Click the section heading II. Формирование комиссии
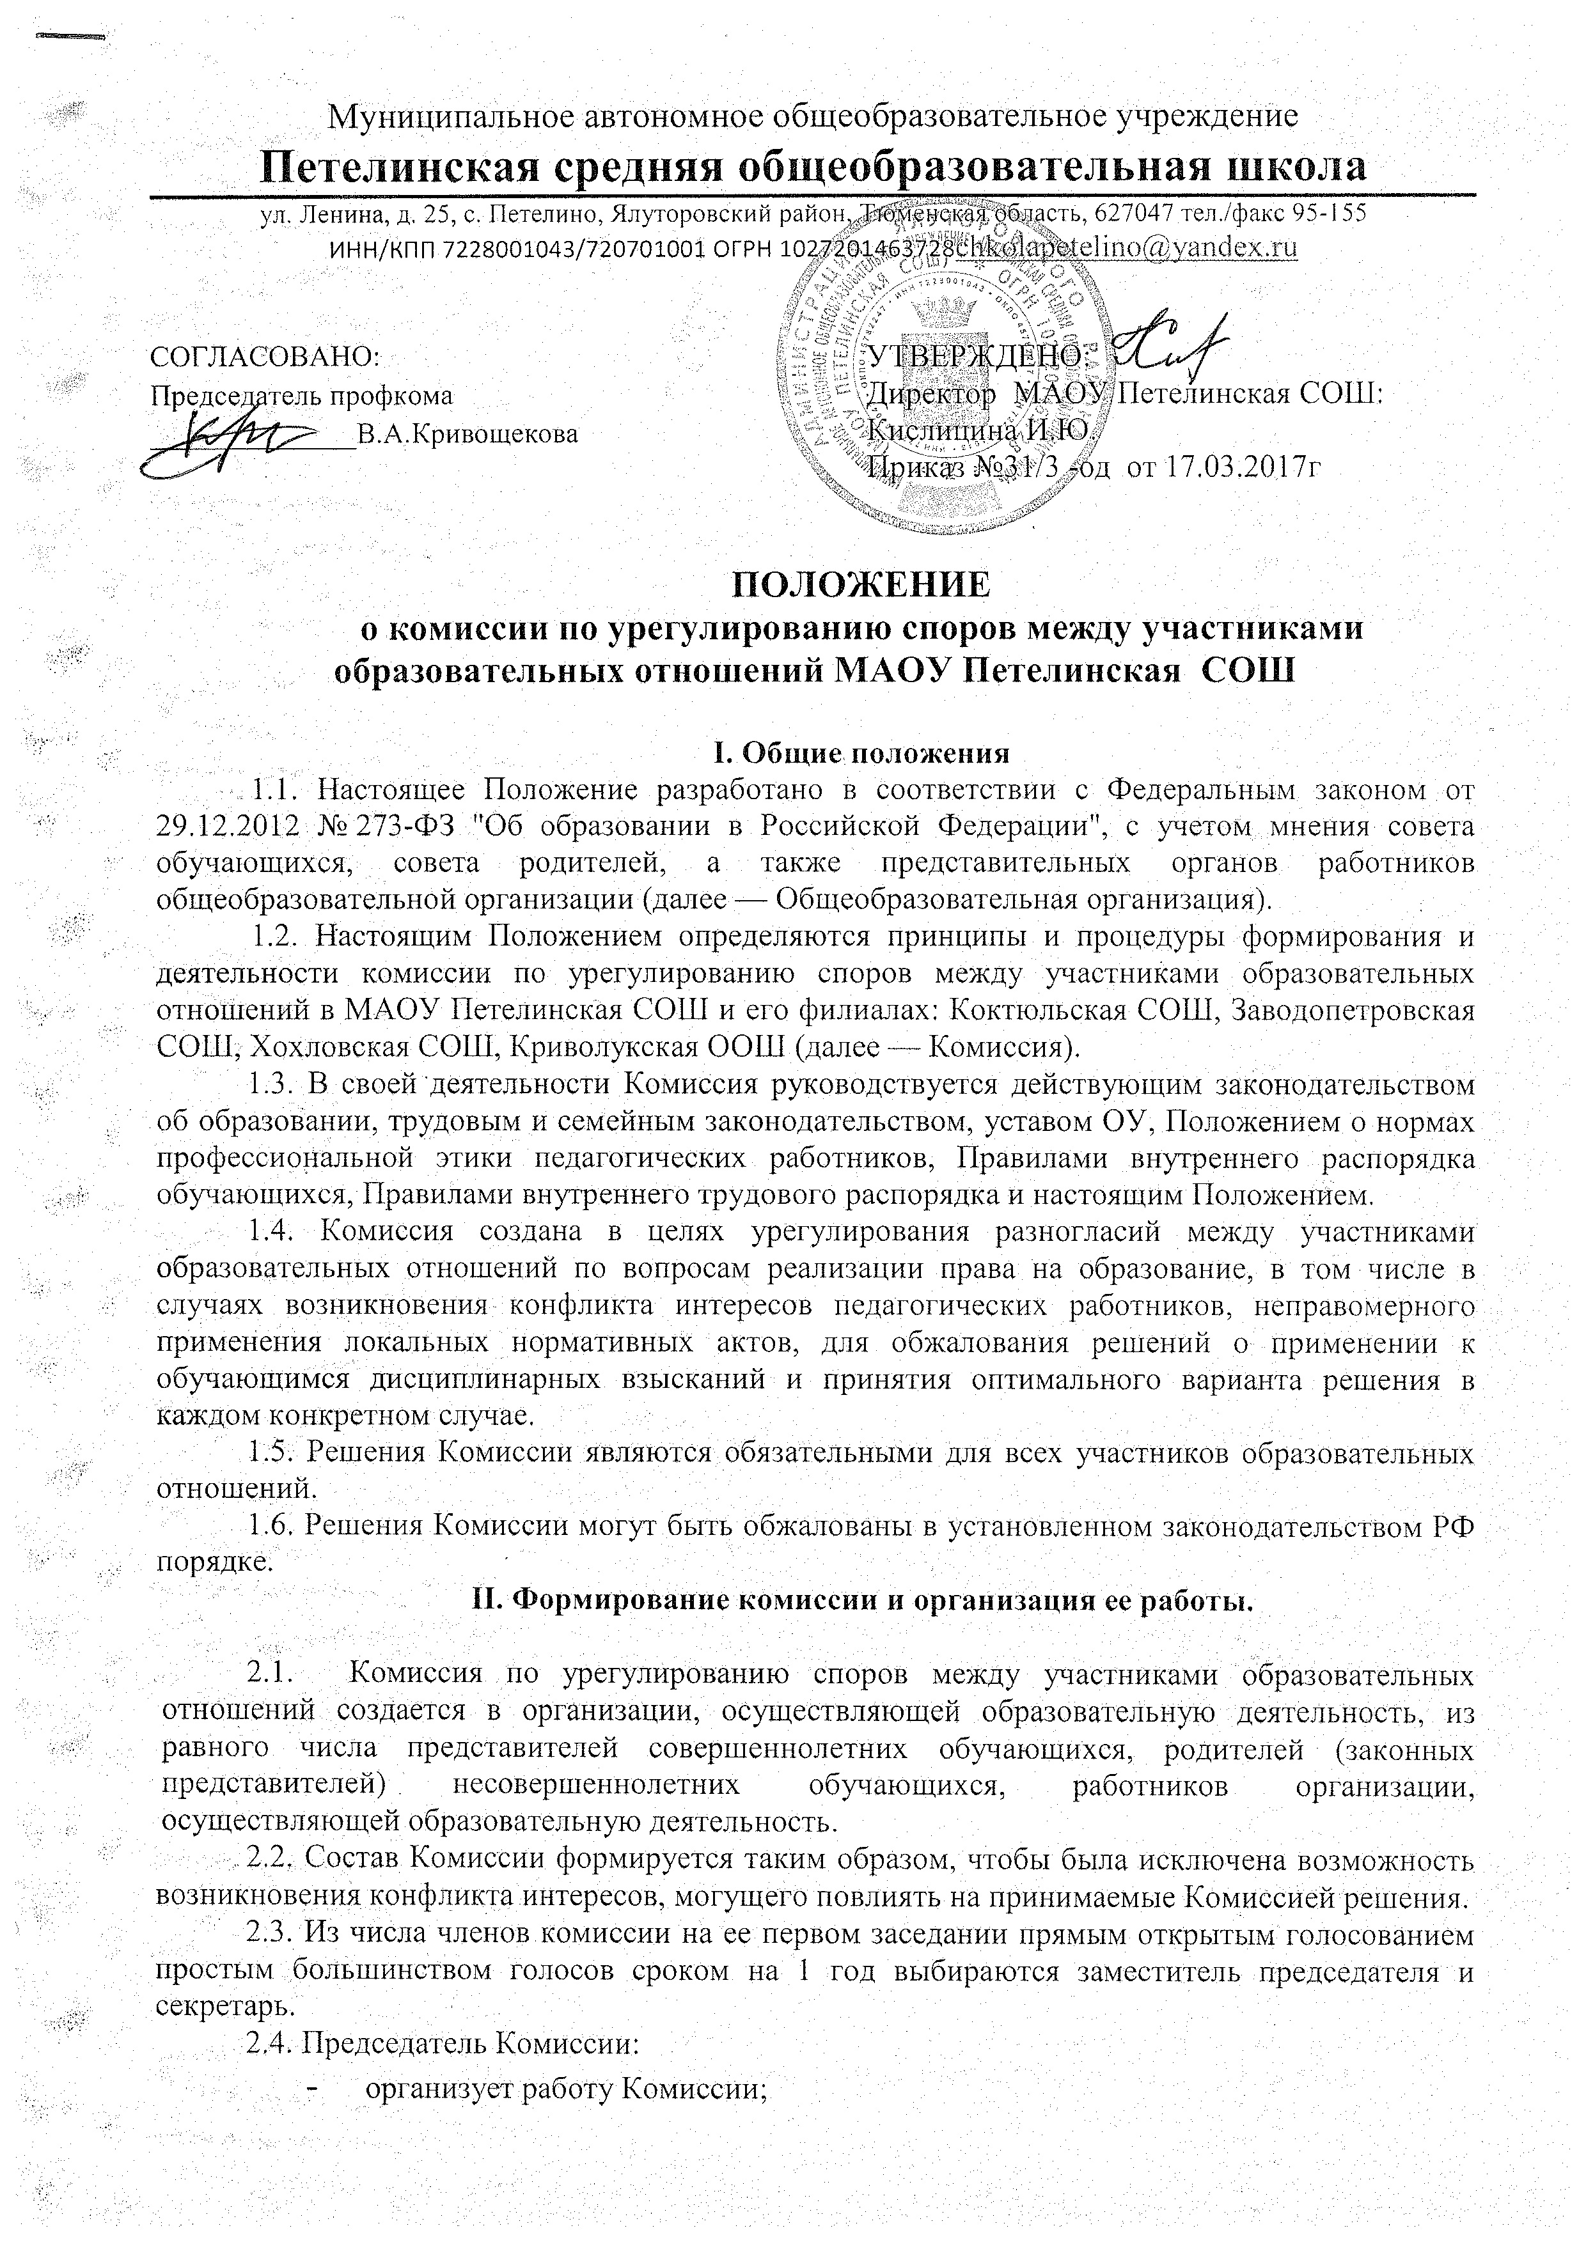pos(856,1600)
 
